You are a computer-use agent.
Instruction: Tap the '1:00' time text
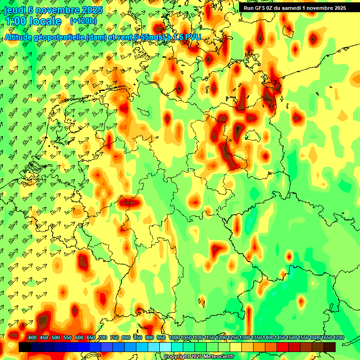click(x=18, y=21)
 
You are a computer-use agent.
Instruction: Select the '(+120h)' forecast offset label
click(x=83, y=21)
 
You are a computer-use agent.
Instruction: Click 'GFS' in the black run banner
click(x=263, y=8)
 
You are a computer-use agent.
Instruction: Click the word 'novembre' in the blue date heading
click(x=56, y=10)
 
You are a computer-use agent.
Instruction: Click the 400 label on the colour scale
click(x=32, y=338)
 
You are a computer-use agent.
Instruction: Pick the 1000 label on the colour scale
click(x=174, y=338)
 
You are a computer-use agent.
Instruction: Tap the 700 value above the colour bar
click(x=103, y=338)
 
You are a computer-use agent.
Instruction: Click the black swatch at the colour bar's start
click(x=25, y=347)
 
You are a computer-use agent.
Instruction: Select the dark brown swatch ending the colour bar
click(x=330, y=347)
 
